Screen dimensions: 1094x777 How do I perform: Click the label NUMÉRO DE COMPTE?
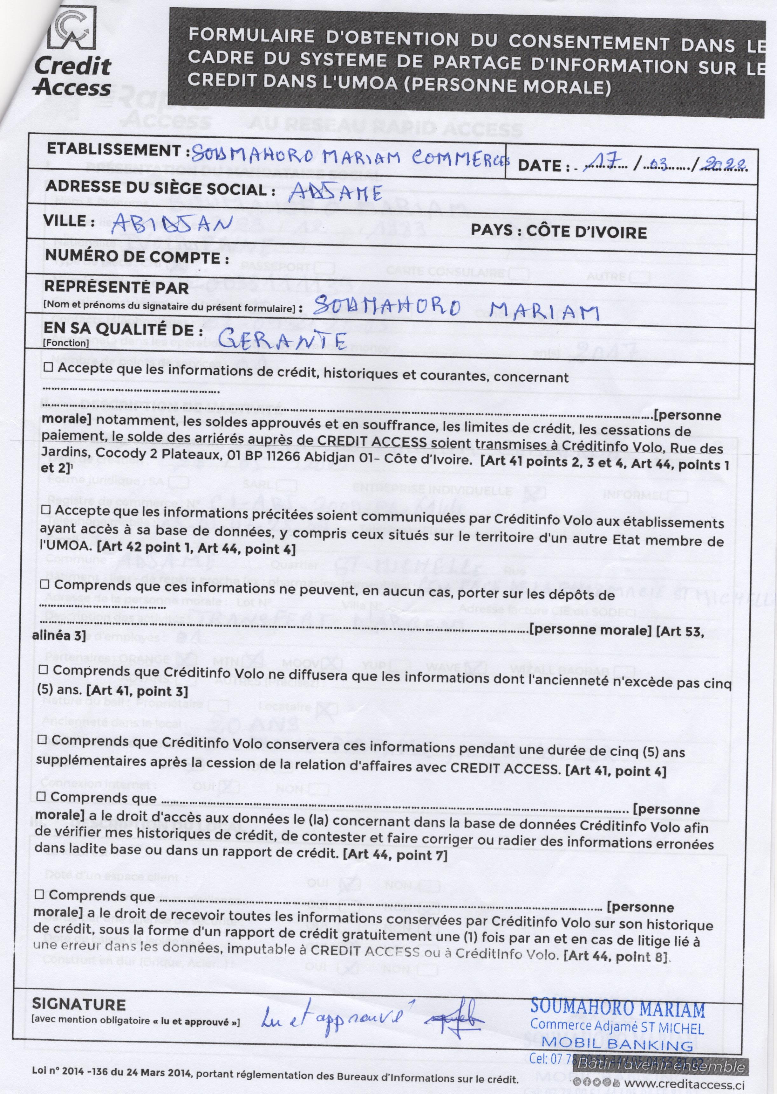point(135,257)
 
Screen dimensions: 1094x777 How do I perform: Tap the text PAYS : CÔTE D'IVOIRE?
point(558,232)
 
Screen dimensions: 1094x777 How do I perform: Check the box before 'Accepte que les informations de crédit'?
point(49,369)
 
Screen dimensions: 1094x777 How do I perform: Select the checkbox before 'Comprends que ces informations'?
point(44,585)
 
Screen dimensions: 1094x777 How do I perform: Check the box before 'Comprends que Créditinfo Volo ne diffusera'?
point(43,669)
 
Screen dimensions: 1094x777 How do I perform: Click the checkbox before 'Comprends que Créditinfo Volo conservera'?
point(42,740)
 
